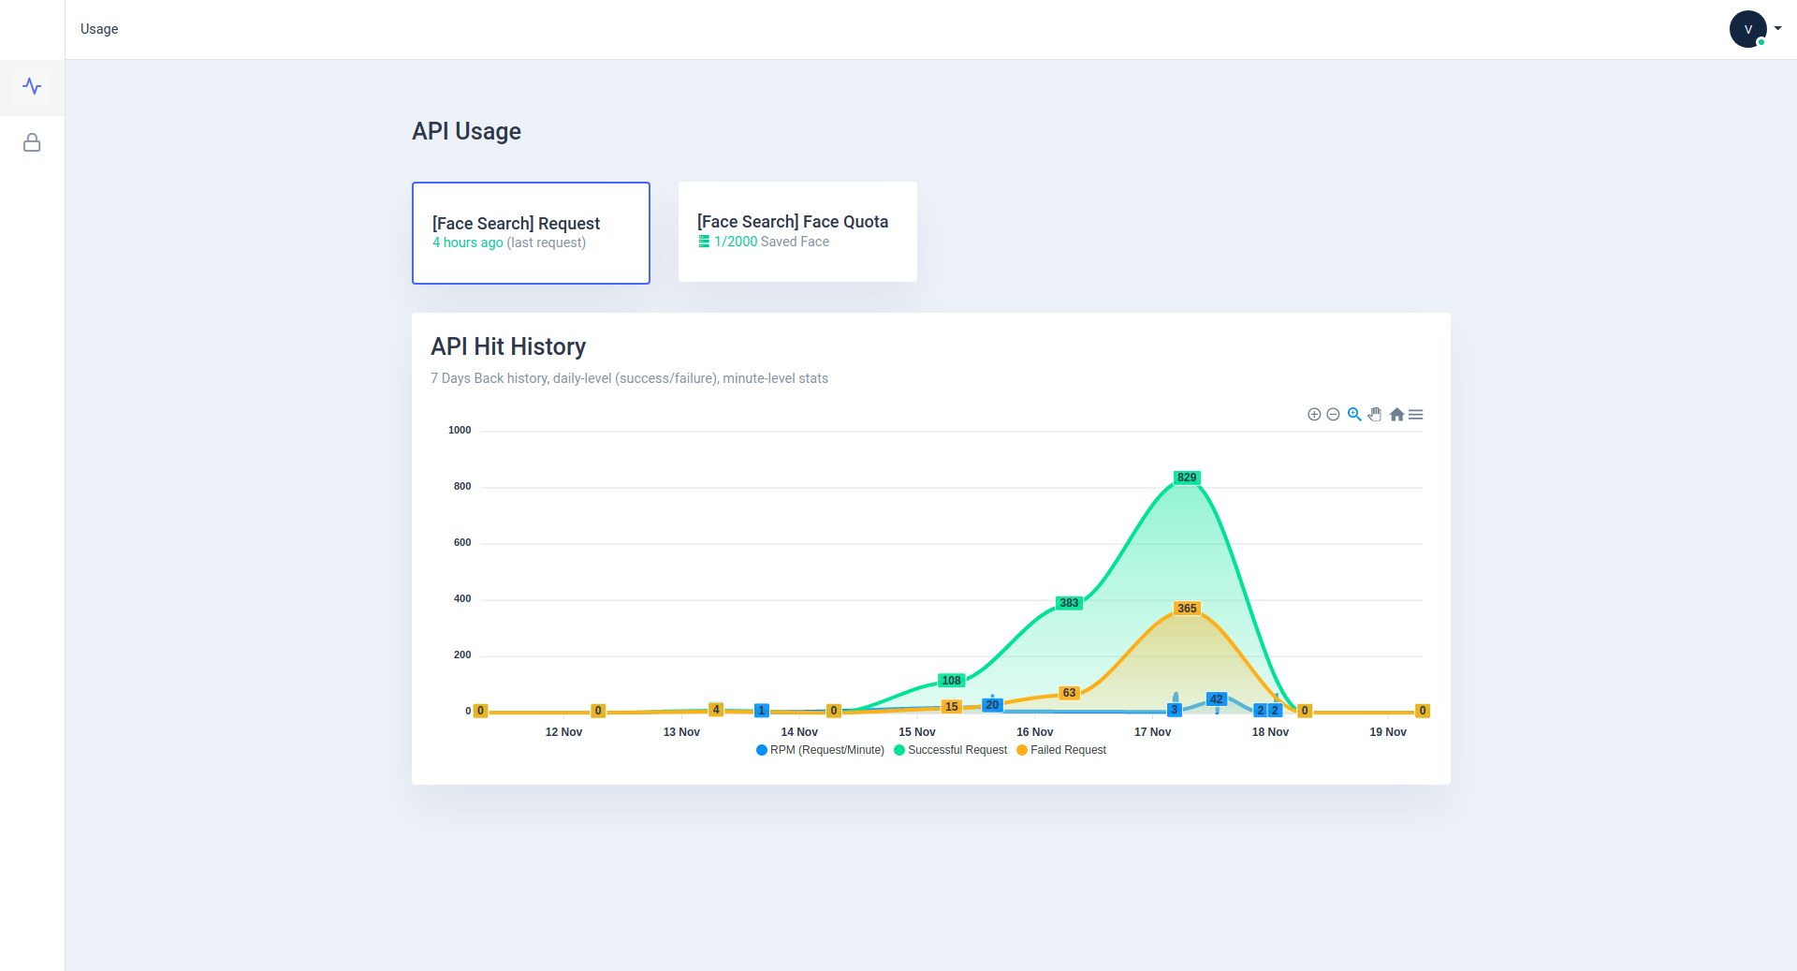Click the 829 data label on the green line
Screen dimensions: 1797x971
[x=1187, y=478]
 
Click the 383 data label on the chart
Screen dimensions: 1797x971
[x=1069, y=603]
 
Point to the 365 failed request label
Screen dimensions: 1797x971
[x=1187, y=609]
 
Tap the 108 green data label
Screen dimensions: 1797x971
[x=951, y=681]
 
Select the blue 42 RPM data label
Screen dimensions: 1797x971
[x=1216, y=699]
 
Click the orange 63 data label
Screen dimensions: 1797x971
[x=1069, y=693]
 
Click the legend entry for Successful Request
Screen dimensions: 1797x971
[x=950, y=750]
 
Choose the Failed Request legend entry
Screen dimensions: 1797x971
[x=1061, y=750]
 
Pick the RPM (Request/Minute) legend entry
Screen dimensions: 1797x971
[x=820, y=750]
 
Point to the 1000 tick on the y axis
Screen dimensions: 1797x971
[x=460, y=431]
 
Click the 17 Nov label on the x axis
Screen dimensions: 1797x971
[x=1152, y=732]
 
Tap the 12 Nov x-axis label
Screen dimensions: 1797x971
[x=563, y=732]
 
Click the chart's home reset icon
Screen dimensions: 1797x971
[x=1396, y=415]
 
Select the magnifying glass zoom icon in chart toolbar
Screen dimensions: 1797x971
[x=1354, y=415]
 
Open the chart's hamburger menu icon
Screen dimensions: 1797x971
[x=1416, y=415]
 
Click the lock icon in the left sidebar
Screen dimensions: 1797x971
[x=32, y=142]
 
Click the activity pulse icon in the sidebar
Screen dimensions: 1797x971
[x=32, y=86]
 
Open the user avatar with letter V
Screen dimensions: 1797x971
[x=1747, y=29]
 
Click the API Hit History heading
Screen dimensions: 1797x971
[x=508, y=347]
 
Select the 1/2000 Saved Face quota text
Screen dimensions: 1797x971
[x=771, y=242]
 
